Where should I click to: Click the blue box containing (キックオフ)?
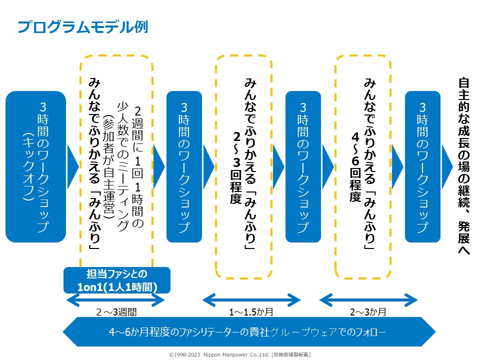35,166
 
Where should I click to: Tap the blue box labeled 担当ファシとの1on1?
117,280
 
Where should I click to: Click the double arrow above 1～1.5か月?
251,300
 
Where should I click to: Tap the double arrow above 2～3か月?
368,300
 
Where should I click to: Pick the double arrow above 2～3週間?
115,300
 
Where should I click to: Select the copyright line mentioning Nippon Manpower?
239,354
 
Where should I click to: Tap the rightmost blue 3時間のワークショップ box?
422,166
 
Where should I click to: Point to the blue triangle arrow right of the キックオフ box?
72,166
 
